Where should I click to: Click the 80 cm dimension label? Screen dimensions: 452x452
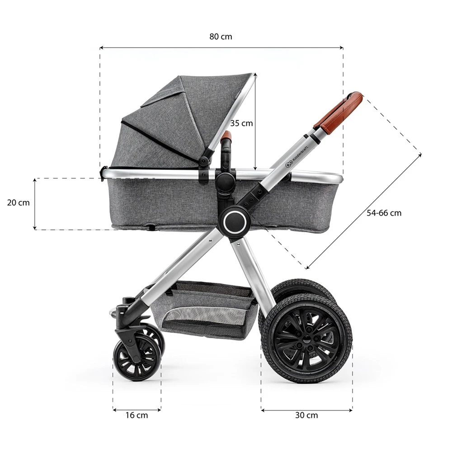click(x=221, y=37)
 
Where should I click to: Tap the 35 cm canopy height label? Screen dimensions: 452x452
click(x=241, y=123)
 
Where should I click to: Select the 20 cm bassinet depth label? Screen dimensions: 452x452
click(x=18, y=202)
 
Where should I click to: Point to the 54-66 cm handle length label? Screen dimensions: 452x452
click(x=384, y=213)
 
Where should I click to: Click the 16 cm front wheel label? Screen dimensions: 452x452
click(x=137, y=415)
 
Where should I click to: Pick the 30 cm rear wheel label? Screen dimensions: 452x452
click(x=306, y=415)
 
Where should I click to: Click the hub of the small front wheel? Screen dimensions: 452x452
click(x=136, y=357)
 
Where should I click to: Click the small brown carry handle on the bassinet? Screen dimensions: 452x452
click(x=226, y=136)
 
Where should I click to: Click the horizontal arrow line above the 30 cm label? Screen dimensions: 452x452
click(x=306, y=410)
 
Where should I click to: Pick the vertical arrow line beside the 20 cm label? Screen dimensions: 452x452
click(x=35, y=204)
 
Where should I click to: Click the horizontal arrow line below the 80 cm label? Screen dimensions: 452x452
click(x=221, y=47)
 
